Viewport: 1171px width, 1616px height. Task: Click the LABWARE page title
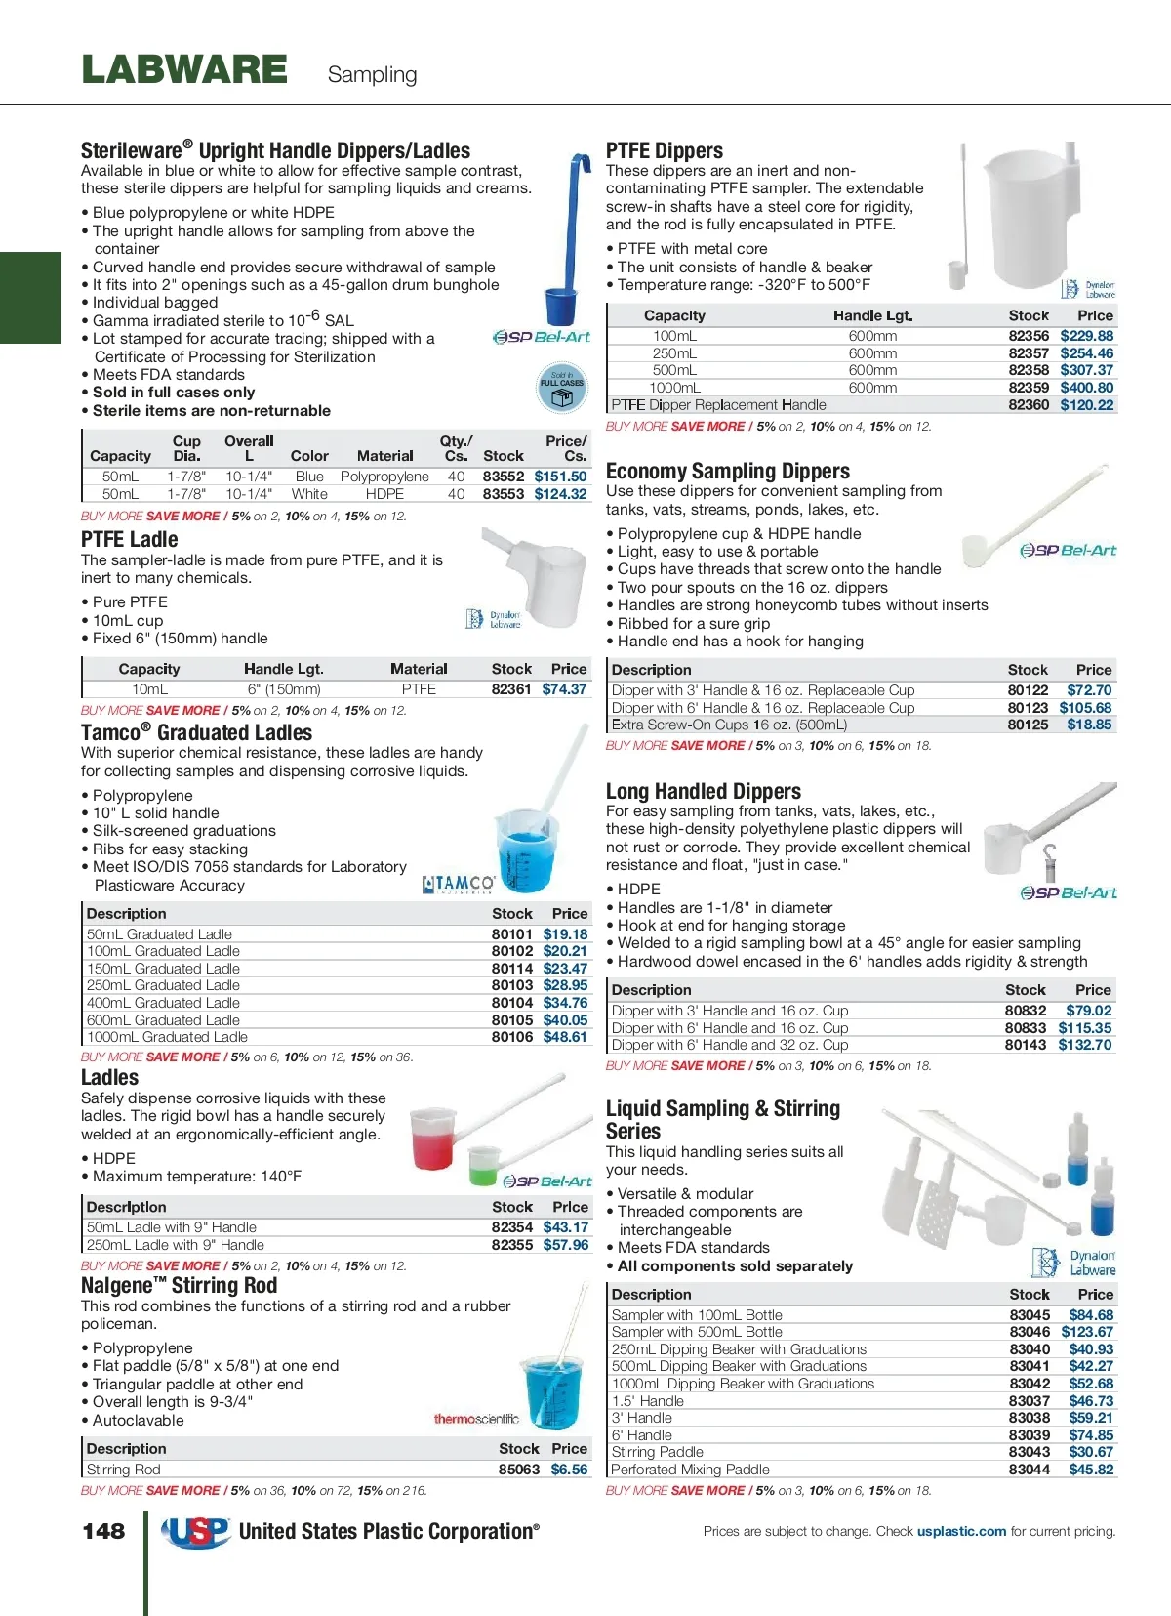tap(184, 70)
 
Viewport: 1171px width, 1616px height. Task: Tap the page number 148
tap(103, 1531)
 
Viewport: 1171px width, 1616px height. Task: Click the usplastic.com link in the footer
tap(961, 1531)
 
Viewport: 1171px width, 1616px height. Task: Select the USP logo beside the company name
tap(195, 1532)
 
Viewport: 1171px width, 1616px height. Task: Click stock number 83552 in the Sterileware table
tap(504, 477)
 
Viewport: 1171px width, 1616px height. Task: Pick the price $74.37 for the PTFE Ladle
tap(565, 689)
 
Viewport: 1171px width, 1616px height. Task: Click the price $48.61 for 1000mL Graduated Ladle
tap(566, 1037)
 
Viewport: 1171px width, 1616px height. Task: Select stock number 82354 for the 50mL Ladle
tap(512, 1227)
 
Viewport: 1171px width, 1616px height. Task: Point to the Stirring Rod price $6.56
tap(570, 1470)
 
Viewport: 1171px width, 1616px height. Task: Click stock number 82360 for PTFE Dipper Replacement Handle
tap(1029, 405)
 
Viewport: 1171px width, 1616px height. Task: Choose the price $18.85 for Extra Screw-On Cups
tap(1089, 725)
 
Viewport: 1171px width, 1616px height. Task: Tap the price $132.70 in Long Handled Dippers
tap(1085, 1045)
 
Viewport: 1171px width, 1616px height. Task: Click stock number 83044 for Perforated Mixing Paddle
tap(1030, 1470)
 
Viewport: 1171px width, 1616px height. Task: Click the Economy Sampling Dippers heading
tap(728, 472)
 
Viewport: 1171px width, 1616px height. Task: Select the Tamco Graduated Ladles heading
tap(196, 733)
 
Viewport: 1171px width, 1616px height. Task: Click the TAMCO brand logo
tap(459, 884)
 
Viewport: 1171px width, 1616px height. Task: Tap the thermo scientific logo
tap(476, 1419)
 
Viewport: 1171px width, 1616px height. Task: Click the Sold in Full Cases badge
tap(561, 387)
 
